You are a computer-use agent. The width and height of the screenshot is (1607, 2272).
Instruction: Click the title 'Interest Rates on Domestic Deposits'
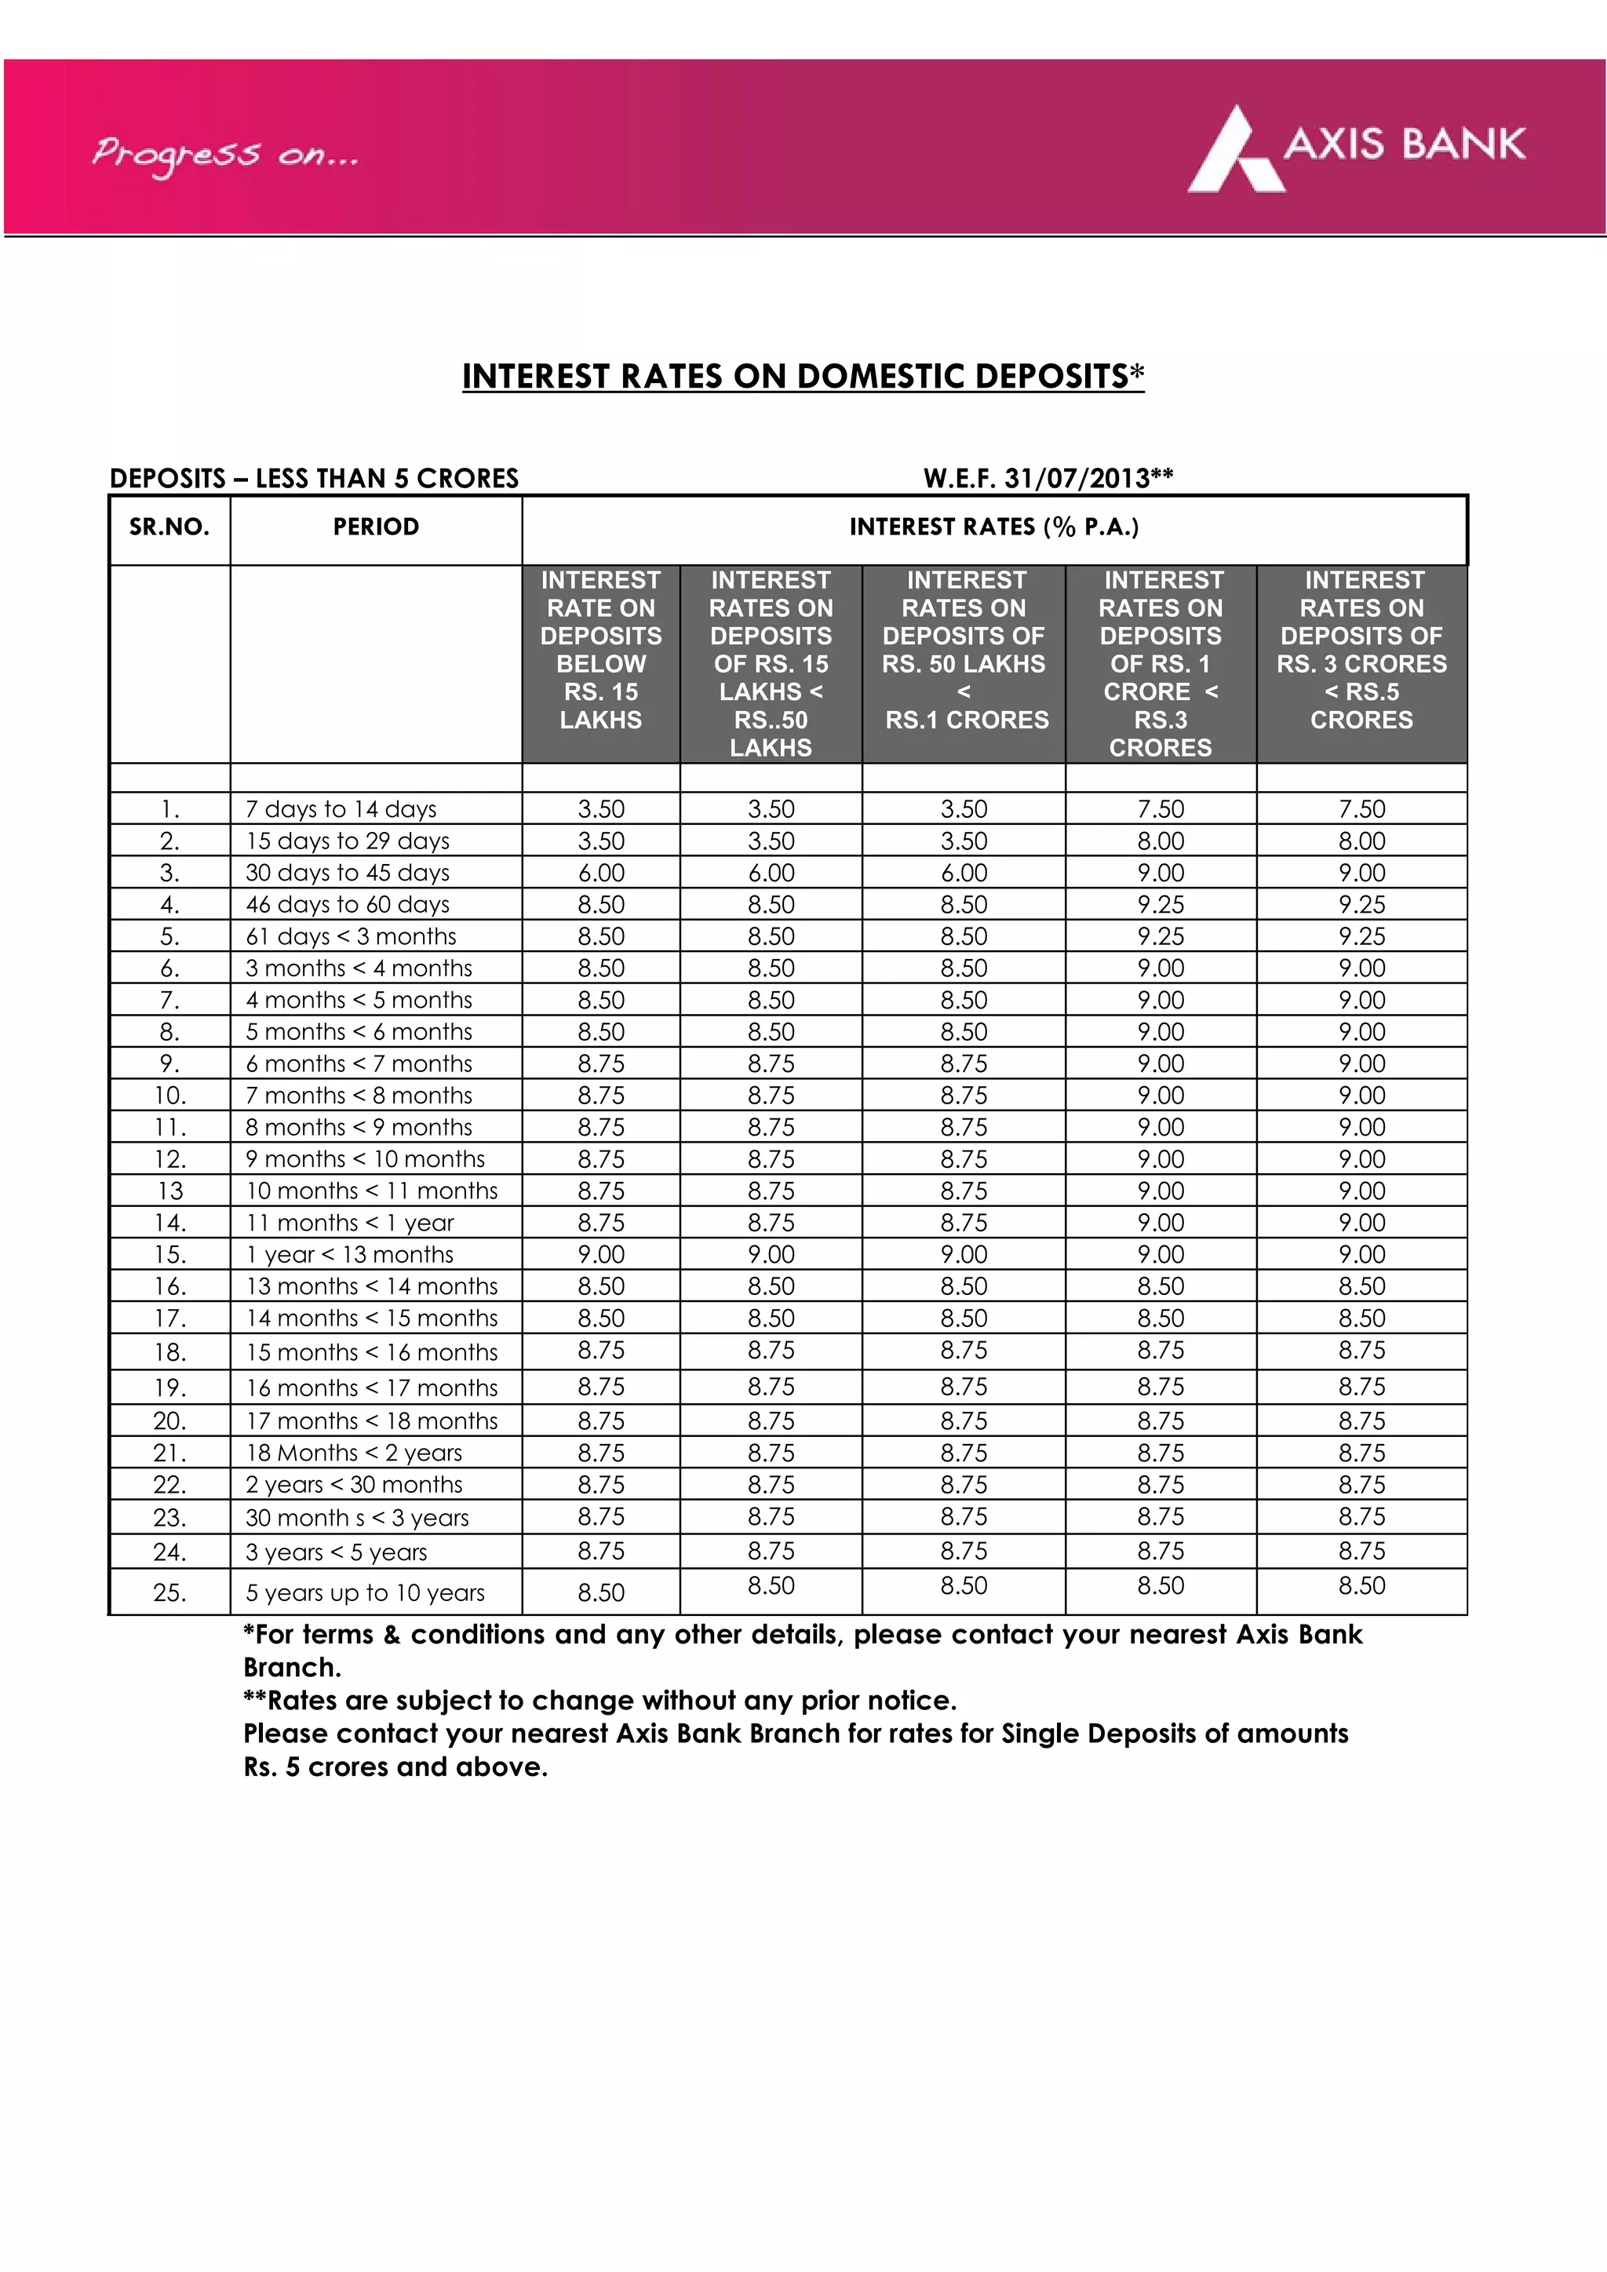(x=803, y=376)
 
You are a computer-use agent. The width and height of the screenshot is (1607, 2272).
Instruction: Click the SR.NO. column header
(x=169, y=527)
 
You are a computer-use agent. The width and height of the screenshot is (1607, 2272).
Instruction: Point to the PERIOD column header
(x=376, y=527)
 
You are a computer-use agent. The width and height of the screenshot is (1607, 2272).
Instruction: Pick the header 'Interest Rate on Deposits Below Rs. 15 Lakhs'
(x=600, y=650)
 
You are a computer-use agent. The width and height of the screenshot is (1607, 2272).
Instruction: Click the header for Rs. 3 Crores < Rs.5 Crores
(x=1361, y=650)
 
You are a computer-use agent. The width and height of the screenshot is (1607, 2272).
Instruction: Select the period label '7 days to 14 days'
(x=341, y=809)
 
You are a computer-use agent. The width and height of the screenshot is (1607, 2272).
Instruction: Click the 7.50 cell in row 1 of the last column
(x=1361, y=809)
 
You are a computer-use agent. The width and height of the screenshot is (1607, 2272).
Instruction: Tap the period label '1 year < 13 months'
(x=349, y=1255)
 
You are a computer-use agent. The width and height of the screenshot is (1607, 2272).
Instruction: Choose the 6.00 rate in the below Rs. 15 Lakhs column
(x=600, y=873)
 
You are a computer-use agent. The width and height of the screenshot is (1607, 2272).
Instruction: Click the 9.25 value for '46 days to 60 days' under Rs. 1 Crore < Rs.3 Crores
(x=1161, y=904)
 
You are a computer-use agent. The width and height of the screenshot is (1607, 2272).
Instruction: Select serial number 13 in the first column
(x=170, y=1191)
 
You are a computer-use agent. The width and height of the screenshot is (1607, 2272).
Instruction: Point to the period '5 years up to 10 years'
(x=365, y=1593)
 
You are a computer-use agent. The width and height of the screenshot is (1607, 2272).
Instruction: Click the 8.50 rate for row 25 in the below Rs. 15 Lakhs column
(x=600, y=1593)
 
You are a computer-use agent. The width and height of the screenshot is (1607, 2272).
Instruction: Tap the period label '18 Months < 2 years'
(x=353, y=1453)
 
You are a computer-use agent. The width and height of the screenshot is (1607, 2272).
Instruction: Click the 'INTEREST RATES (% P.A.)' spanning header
(x=993, y=527)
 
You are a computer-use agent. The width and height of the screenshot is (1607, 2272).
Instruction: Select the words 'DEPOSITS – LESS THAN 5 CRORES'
(x=314, y=479)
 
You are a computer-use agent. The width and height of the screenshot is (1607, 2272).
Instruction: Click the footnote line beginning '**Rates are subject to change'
(x=599, y=1701)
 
